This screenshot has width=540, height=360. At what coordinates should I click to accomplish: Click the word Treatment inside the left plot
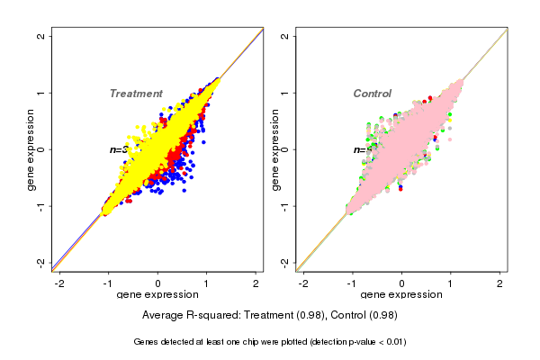pos(136,94)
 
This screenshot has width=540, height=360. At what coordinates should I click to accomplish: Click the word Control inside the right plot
pos(373,94)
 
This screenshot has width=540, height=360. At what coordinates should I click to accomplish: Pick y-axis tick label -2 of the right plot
pos(285,262)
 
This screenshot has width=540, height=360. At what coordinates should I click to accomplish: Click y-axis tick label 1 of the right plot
pos(285,93)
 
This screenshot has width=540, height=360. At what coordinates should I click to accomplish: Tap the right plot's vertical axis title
pos(274,149)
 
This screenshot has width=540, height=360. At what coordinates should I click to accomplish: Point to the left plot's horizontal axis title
pos(158,295)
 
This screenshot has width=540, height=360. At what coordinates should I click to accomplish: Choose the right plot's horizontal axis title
pos(402,295)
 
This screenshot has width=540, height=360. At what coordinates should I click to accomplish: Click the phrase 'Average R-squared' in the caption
pos(189,315)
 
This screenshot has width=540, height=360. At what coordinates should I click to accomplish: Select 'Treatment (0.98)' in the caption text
pos(282,315)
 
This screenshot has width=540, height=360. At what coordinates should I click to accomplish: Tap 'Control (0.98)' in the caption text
pos(364,315)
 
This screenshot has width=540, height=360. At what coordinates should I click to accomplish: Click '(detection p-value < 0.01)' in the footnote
pos(346,342)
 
